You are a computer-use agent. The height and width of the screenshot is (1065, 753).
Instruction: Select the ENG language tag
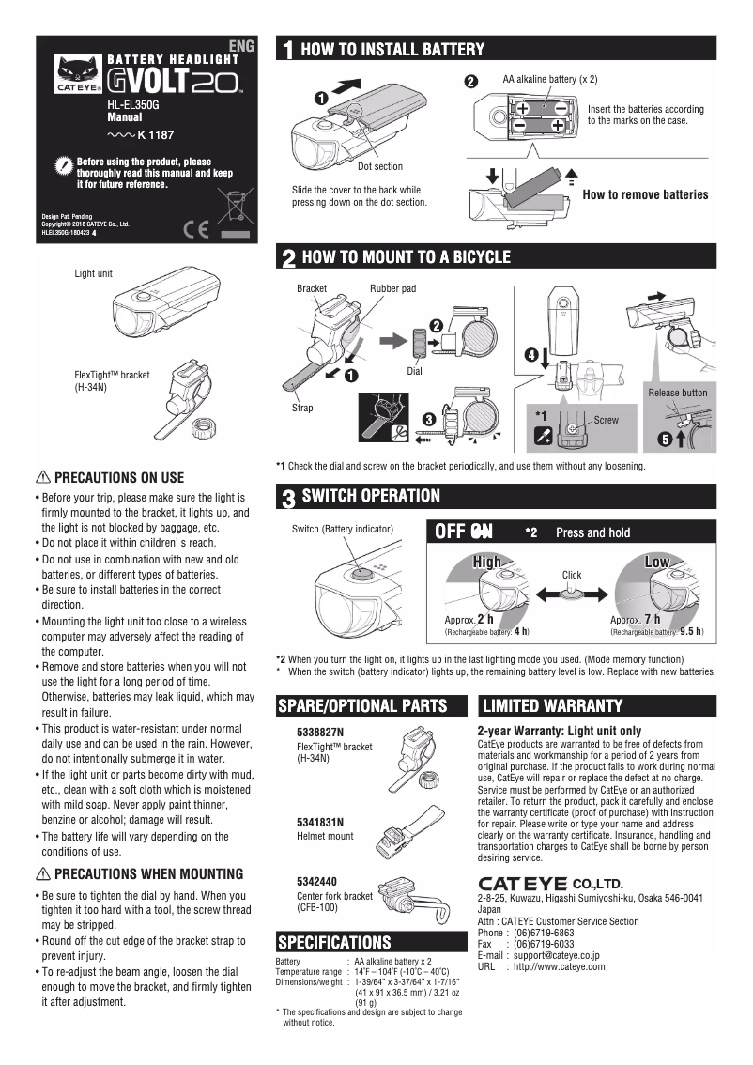[x=242, y=45]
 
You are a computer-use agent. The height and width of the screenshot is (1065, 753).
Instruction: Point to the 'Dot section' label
[x=380, y=166]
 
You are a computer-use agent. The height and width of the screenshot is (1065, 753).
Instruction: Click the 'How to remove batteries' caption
[x=645, y=194]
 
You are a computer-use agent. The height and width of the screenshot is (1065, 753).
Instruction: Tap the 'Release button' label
[x=678, y=392]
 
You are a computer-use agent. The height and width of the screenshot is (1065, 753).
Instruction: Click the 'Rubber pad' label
[x=392, y=288]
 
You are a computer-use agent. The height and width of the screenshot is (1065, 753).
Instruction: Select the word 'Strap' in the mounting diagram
[x=302, y=409]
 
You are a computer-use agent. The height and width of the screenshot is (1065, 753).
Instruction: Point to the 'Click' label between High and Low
[x=572, y=575]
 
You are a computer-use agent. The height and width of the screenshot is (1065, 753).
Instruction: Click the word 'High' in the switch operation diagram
[x=487, y=561]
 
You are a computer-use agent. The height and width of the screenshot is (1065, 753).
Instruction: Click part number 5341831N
[x=320, y=822]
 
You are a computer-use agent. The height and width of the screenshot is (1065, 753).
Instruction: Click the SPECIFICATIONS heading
[x=334, y=942]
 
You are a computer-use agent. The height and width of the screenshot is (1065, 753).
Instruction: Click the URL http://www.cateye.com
[x=561, y=965]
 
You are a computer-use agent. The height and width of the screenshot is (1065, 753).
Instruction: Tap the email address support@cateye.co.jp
[x=557, y=955]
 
